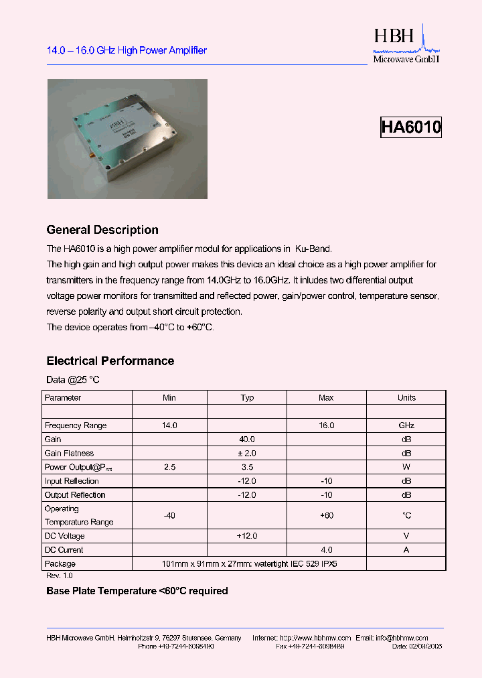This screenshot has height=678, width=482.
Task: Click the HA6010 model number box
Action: coord(410,127)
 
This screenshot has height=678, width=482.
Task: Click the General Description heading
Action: coord(102,230)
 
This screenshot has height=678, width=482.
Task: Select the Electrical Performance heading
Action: coord(110,361)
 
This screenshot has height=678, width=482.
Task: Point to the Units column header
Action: coord(406,397)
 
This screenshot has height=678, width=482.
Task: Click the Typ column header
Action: coord(247,397)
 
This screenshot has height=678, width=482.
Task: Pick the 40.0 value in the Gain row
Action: coord(247,439)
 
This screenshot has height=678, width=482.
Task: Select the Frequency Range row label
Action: coord(76,425)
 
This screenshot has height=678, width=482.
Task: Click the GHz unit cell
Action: coord(406,425)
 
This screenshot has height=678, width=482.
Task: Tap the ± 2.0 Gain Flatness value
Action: coord(247,454)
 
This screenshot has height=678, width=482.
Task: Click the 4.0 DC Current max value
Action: coord(326,550)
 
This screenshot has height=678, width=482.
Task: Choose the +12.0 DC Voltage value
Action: coord(247,536)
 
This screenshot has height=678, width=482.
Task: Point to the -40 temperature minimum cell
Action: coord(169,515)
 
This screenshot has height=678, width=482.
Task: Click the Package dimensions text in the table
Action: coord(250,564)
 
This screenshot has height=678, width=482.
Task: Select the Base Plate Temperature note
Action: coord(137,591)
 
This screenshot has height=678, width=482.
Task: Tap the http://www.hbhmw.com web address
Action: coord(312,638)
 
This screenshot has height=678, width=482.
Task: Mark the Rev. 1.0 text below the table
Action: coord(59,576)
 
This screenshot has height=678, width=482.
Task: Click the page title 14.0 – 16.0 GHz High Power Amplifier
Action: coord(127,50)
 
